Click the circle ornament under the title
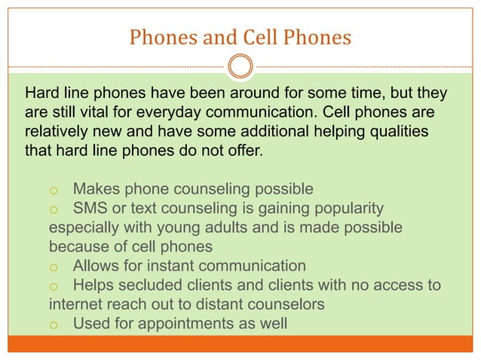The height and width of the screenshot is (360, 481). pos(240,66)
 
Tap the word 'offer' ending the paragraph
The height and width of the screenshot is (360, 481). pos(245,150)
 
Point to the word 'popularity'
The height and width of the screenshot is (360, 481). pos(344,207)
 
